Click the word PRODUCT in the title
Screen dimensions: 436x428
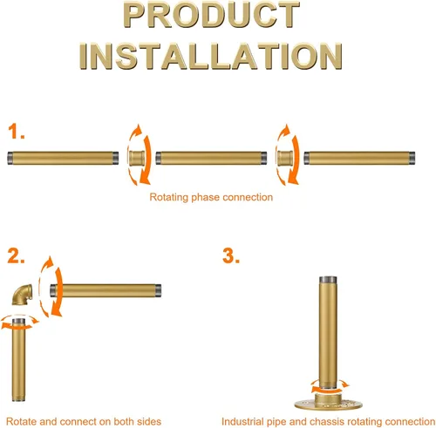point(211,15)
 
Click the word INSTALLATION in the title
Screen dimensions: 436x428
point(211,56)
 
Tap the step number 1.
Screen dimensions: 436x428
point(16,132)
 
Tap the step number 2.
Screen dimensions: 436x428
point(16,255)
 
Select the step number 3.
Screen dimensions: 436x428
point(231,255)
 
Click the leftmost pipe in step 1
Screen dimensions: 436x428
point(63,158)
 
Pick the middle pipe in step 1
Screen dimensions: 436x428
point(211,158)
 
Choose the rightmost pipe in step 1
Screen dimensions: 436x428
point(359,158)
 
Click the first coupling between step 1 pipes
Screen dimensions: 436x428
point(137,158)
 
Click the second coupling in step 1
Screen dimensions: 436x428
point(285,158)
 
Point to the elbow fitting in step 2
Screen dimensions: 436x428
point(23,295)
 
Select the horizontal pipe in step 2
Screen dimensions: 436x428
point(106,290)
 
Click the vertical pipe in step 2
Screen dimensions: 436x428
point(19,360)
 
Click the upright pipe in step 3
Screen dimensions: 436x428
point(329,333)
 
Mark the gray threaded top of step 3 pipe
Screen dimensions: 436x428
point(329,280)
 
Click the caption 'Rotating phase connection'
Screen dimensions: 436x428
point(211,197)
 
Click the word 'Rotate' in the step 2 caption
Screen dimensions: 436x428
point(21,421)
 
